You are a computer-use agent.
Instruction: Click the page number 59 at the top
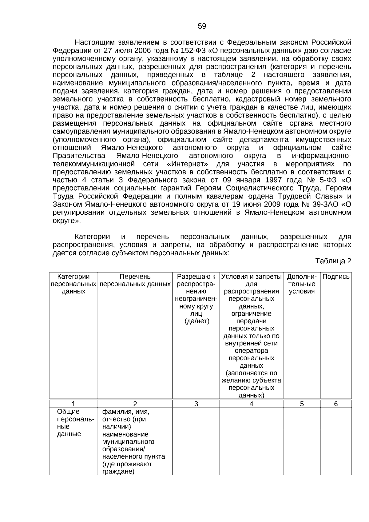202,26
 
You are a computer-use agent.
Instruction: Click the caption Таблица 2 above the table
333,261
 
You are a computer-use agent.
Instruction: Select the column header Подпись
336,277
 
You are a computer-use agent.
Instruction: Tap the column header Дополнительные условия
302,284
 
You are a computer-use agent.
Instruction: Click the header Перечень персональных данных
135,280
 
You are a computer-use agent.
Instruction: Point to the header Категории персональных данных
73,284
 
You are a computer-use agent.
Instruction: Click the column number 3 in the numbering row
196,404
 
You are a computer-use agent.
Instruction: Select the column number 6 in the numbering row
336,404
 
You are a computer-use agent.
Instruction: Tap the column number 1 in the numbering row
73,404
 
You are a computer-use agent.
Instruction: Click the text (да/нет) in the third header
197,321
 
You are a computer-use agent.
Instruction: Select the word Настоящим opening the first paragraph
93,42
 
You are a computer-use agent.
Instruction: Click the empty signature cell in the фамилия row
336,419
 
